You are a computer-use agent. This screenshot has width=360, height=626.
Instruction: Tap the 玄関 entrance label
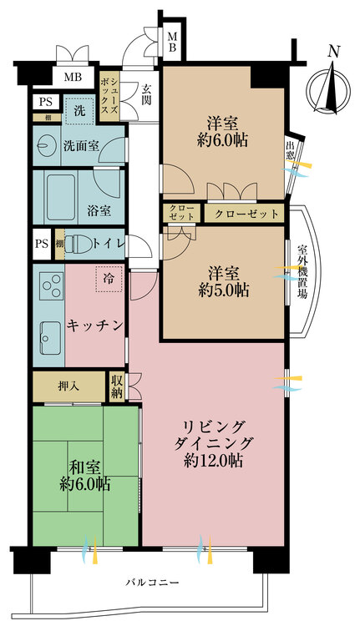(x=147, y=93)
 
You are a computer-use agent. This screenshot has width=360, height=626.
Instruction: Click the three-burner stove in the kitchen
(x=49, y=287)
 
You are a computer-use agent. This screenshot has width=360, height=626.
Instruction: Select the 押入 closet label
(x=69, y=386)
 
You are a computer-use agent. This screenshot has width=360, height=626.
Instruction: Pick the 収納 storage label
(x=118, y=386)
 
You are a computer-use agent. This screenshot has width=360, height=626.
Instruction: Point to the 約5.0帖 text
(x=224, y=291)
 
